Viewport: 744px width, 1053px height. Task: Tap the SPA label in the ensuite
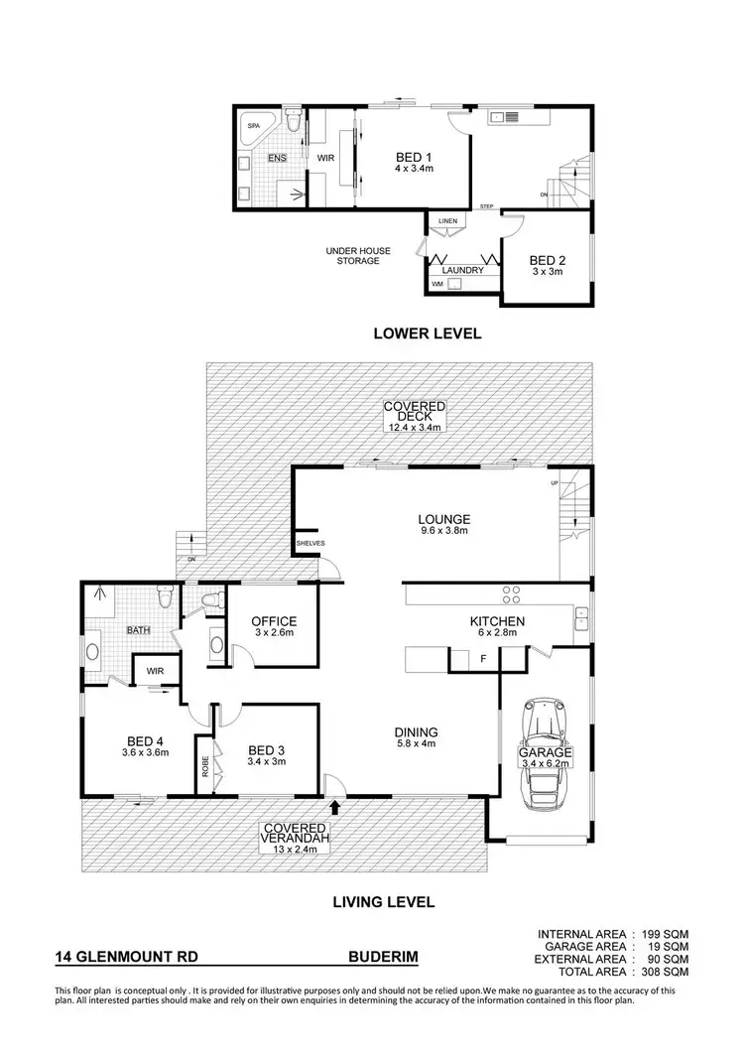(253, 127)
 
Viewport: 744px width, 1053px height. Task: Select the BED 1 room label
(414, 157)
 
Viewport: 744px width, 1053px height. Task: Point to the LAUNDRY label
(463, 270)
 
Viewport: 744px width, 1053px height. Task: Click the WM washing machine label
(437, 285)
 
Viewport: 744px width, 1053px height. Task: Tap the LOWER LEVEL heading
(427, 333)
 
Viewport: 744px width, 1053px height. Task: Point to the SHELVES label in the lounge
(310, 544)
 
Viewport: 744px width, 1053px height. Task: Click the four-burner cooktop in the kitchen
(513, 594)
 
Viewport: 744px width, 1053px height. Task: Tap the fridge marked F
(483, 658)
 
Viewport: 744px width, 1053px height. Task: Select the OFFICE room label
(274, 622)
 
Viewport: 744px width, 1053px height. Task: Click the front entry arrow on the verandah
(335, 808)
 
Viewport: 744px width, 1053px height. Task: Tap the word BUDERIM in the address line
(383, 959)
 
